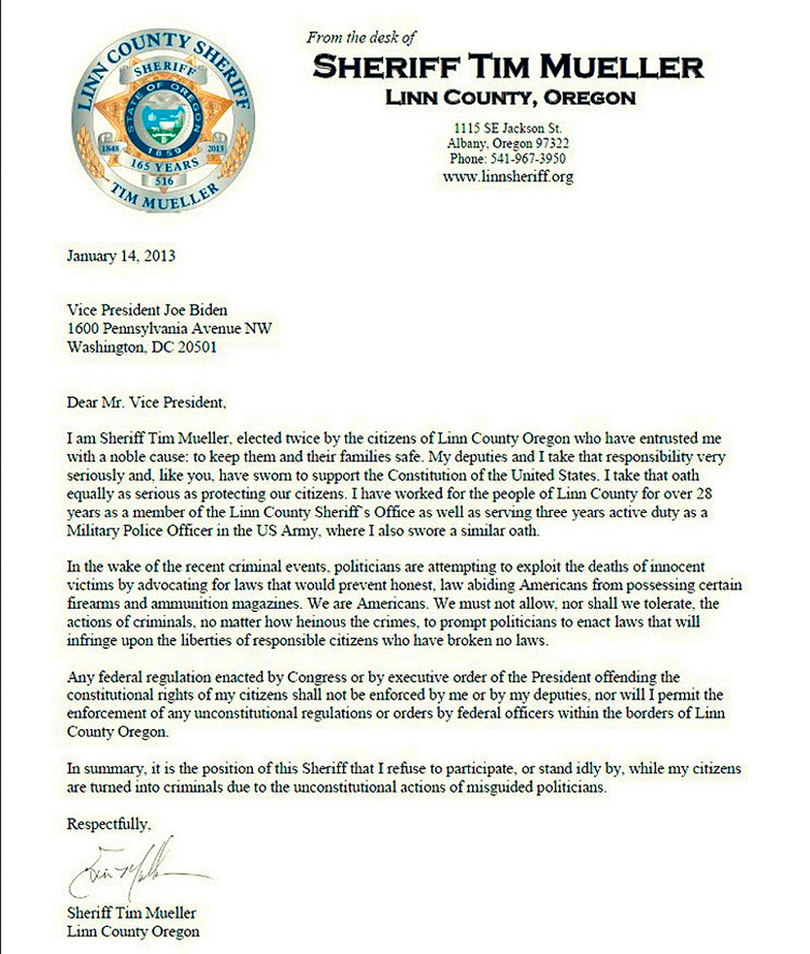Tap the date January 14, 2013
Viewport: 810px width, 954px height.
point(120,255)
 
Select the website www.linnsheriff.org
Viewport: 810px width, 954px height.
point(507,176)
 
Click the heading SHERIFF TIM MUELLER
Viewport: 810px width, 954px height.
point(507,65)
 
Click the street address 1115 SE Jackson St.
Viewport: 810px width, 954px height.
point(507,128)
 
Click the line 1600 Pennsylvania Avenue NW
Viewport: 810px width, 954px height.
point(169,329)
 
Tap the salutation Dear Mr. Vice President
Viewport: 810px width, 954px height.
point(145,403)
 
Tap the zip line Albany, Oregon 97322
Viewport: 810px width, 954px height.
point(507,144)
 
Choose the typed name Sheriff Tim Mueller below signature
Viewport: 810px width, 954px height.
point(131,913)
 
